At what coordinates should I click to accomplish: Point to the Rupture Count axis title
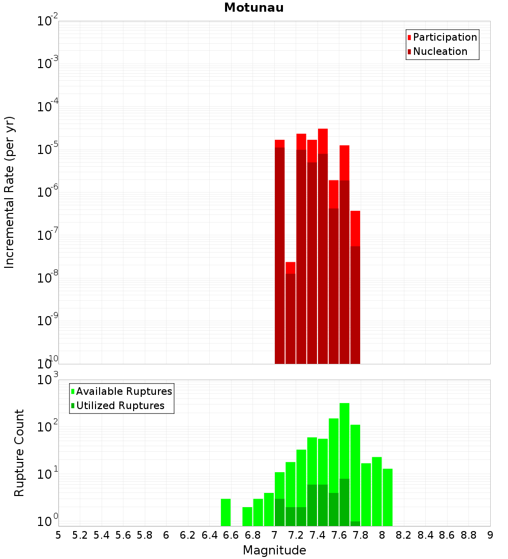pyautogui.click(x=19, y=452)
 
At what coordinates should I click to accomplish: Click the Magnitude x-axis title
pyautogui.click(x=274, y=550)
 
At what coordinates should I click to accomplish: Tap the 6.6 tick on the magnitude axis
pyautogui.click(x=231, y=535)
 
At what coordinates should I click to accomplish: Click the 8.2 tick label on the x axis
pyautogui.click(x=404, y=535)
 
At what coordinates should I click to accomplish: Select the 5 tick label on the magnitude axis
pyautogui.click(x=58, y=535)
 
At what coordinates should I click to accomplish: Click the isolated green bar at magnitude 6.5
pyautogui.click(x=226, y=512)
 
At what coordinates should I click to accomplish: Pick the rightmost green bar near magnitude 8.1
pyautogui.click(x=388, y=497)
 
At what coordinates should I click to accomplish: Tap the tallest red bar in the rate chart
pyautogui.click(x=323, y=244)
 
